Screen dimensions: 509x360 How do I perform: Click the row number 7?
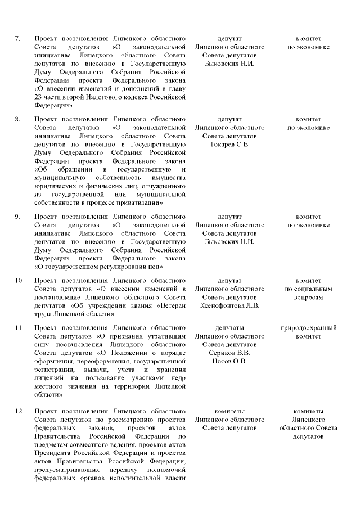pos(17,39)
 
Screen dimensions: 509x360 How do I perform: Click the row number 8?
pos(17,120)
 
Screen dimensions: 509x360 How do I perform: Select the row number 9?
pos(17,217)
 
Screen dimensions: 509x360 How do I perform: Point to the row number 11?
pos(19,328)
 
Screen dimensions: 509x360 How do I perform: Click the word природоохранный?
pos(308,328)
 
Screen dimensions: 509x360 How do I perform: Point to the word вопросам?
pos(308,298)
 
